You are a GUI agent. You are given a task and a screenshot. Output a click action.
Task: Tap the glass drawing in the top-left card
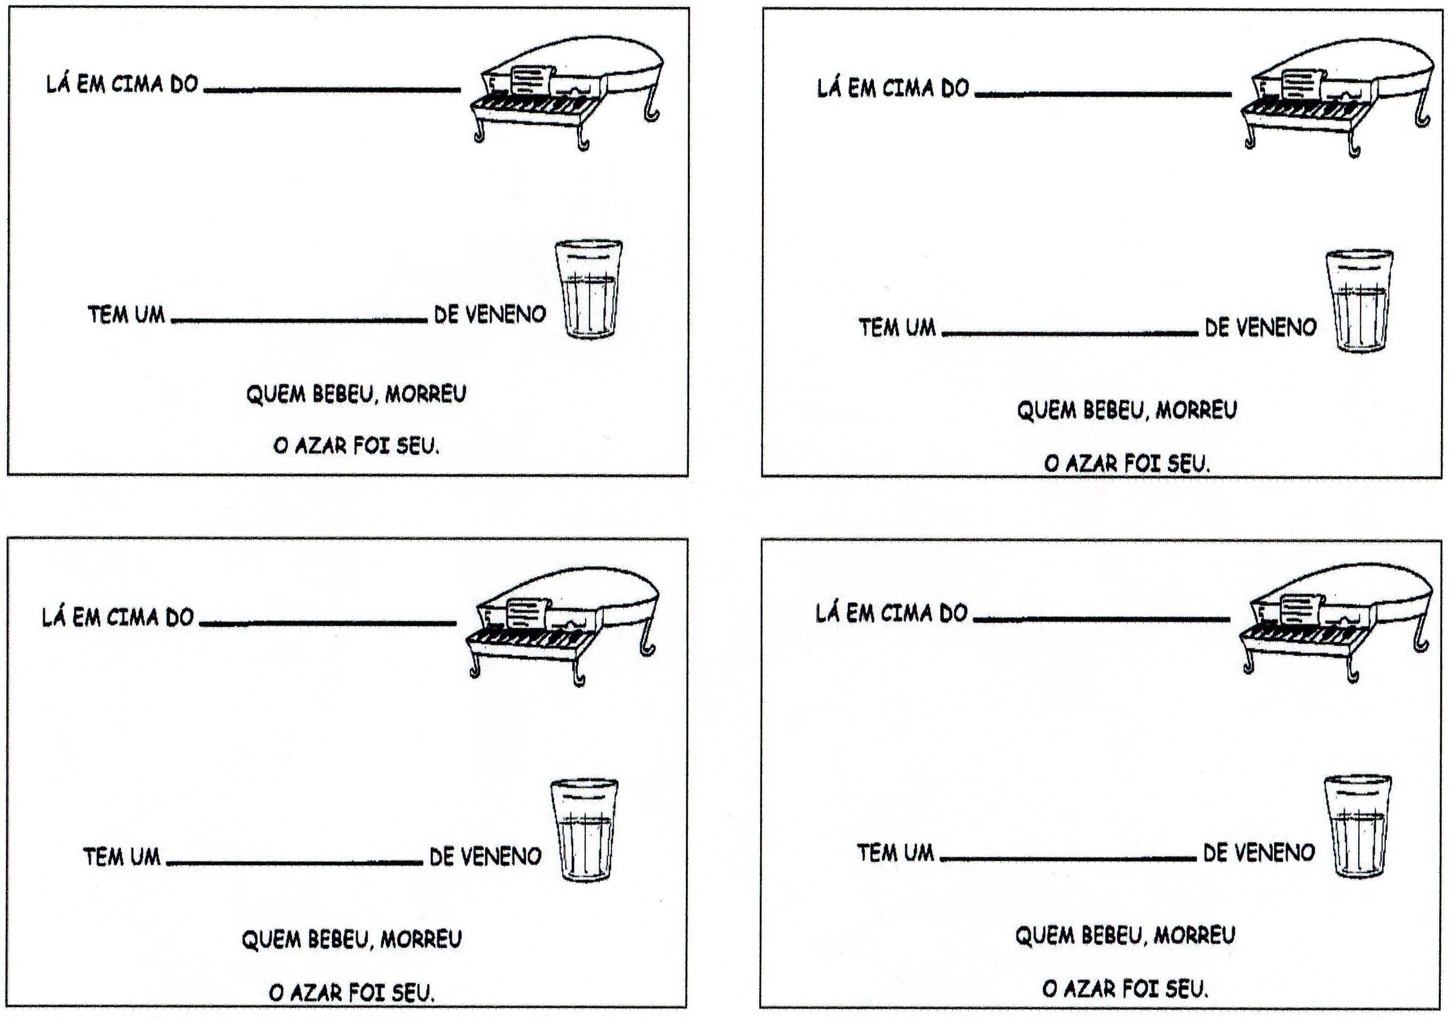pos(588,289)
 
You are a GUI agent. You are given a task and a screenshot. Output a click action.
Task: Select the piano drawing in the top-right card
pos(1337,98)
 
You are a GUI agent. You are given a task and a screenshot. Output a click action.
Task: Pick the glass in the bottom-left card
pos(584,830)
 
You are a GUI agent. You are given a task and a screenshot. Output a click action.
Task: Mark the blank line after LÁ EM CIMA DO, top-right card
pos(1103,95)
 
